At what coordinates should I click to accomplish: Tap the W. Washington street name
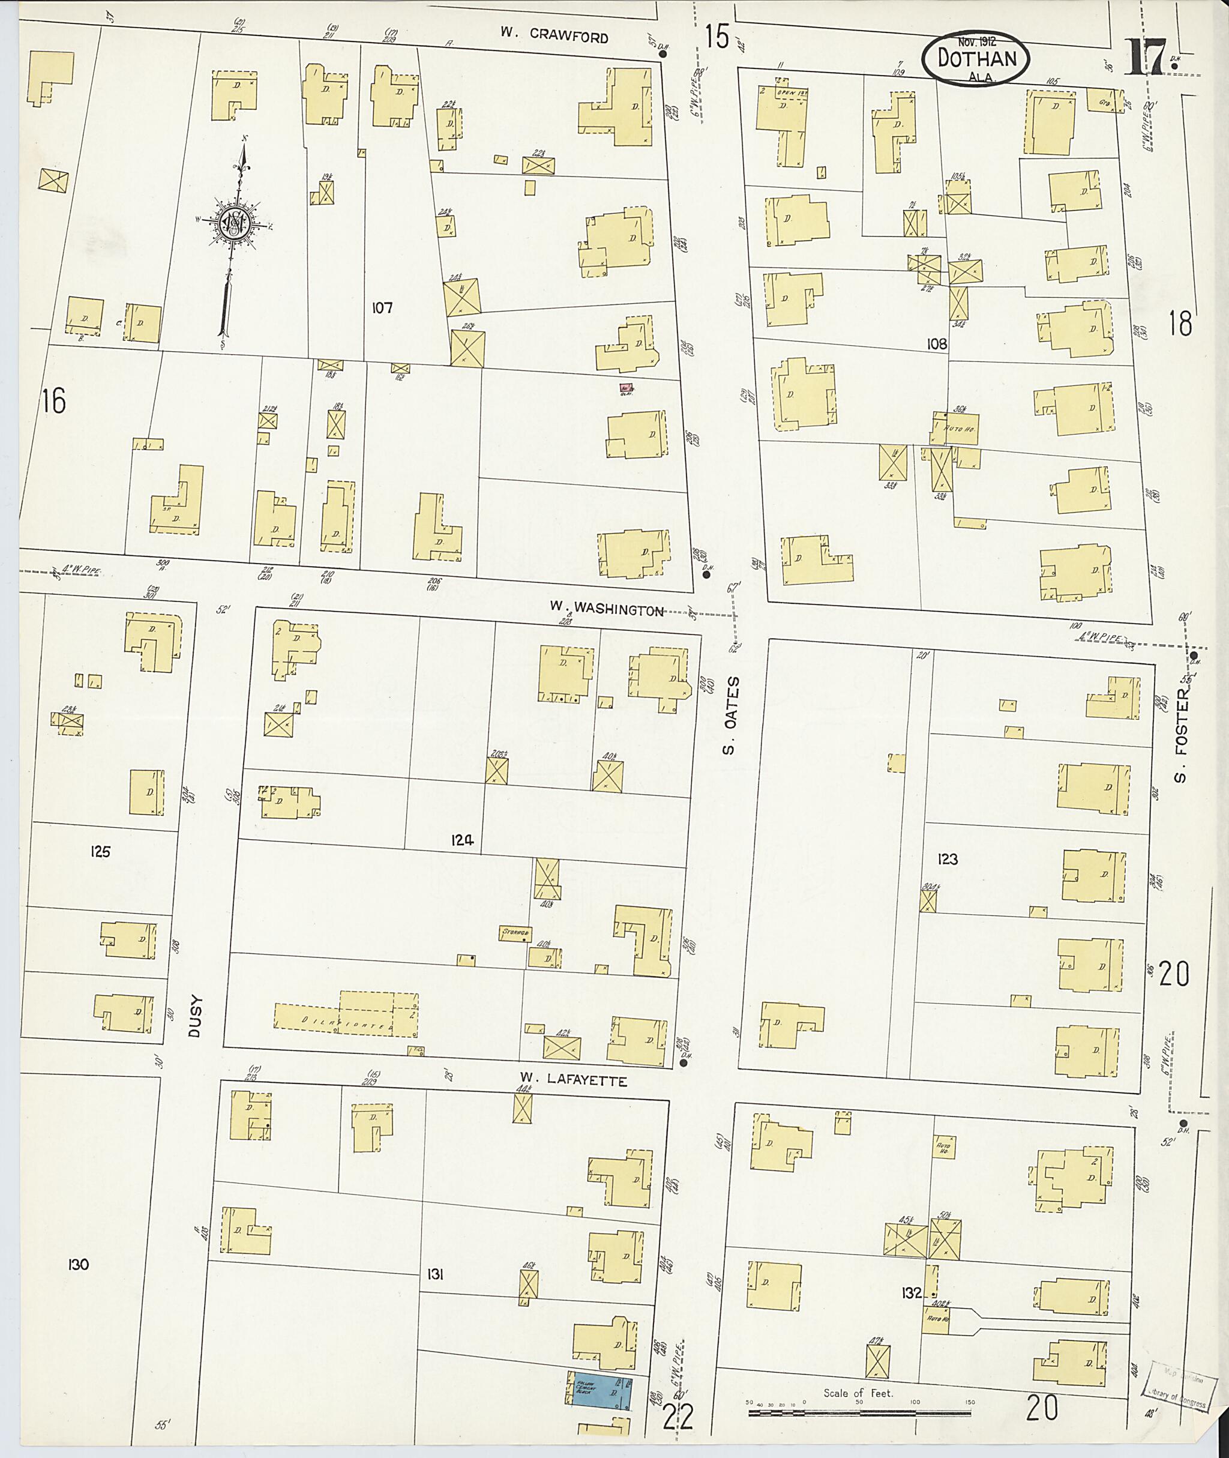(605, 609)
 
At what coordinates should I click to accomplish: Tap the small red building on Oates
(626, 388)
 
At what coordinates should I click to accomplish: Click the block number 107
(382, 307)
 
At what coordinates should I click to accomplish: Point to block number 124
(461, 840)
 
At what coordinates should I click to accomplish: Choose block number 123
(948, 860)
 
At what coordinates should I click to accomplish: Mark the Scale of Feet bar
(859, 1413)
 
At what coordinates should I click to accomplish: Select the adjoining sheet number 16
(53, 402)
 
